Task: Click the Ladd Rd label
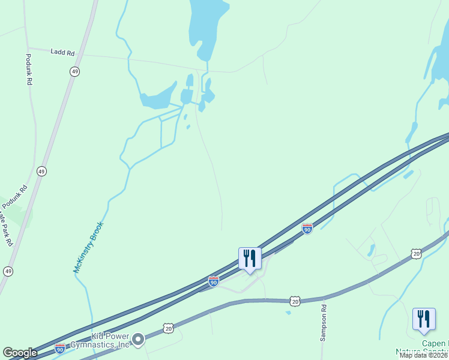pyautogui.click(x=63, y=53)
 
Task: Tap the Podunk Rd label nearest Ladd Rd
pyautogui.click(x=28, y=69)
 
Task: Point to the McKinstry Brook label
pyautogui.click(x=89, y=247)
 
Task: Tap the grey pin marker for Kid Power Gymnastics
pyautogui.click(x=138, y=340)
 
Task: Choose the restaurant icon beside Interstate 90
pyautogui.click(x=250, y=259)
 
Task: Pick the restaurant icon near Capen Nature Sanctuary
pyautogui.click(x=424, y=319)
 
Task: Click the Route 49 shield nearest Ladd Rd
pyautogui.click(x=74, y=71)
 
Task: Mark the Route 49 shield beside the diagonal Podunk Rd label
pyautogui.click(x=41, y=171)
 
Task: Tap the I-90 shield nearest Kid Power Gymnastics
pyautogui.click(x=60, y=348)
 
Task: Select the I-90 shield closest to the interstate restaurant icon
pyautogui.click(x=214, y=280)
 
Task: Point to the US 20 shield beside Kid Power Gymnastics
pyautogui.click(x=169, y=328)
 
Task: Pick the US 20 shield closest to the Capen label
pyautogui.click(x=417, y=254)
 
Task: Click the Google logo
pyautogui.click(x=20, y=353)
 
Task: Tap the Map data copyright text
pyautogui.click(x=424, y=355)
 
